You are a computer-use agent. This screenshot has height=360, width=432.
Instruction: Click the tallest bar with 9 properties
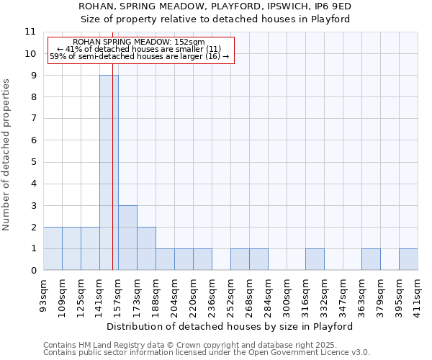pos(109,173)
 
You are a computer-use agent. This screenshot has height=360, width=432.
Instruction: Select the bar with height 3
pos(127,238)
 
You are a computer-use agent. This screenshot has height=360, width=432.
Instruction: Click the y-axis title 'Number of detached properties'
pos(7,155)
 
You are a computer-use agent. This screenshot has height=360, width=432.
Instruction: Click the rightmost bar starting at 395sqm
pos(408,259)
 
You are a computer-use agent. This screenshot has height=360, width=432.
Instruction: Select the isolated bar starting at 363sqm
pos(371,259)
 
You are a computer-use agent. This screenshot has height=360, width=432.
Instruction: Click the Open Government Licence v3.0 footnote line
pos(207,353)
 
